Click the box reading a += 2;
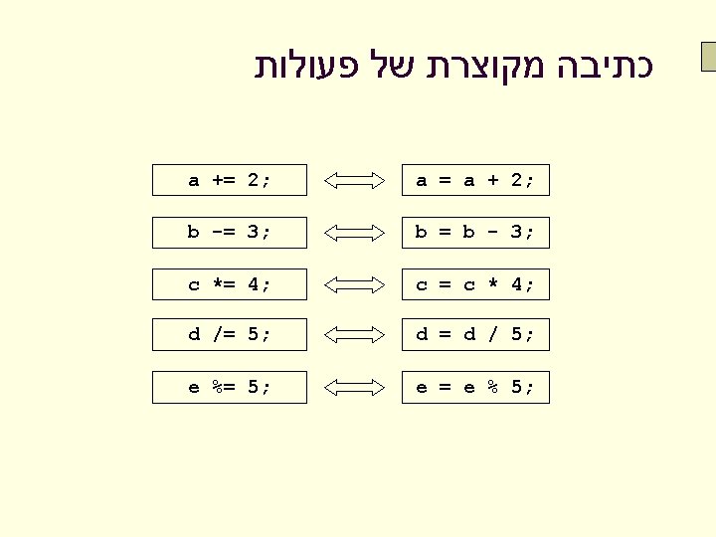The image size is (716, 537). coord(230,180)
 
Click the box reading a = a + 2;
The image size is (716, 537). coord(475,180)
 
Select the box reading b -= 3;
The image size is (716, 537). coord(230,232)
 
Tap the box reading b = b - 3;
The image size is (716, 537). coord(475,232)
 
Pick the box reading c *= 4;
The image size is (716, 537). coord(230,284)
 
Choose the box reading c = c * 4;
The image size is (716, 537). coord(475,284)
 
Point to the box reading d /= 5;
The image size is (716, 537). coord(230,335)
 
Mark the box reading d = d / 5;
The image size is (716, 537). coord(475,335)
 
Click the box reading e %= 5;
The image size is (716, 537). coord(230,387)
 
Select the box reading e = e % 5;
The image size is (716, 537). coord(475,387)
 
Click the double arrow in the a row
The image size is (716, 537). coord(355,180)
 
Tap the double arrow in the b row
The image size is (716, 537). coord(355,232)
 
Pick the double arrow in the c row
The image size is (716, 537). coord(355,284)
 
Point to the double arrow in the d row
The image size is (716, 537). coord(355,335)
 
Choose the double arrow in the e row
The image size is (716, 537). coord(355,387)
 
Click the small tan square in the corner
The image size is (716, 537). coord(708,58)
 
